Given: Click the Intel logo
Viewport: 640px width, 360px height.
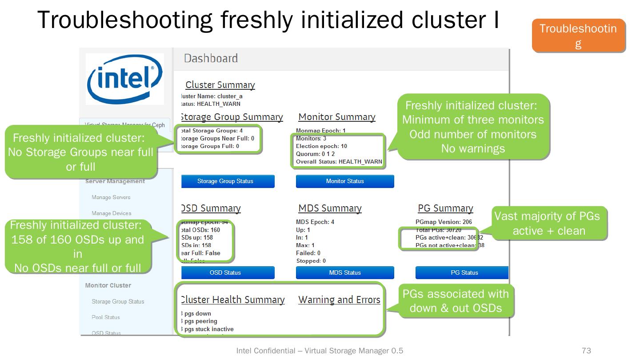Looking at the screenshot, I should [x=124, y=79].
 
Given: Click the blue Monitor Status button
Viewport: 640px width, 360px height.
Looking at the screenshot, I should [x=345, y=181].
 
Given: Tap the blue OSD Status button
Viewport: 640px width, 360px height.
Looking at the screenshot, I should [x=225, y=273].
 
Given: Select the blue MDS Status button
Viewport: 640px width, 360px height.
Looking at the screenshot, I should [x=345, y=273].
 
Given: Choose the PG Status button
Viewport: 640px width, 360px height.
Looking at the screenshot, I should [x=462, y=273].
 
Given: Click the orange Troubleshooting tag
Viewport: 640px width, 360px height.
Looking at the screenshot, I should [x=578, y=36].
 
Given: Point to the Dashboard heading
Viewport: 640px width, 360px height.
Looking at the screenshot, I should [x=211, y=58].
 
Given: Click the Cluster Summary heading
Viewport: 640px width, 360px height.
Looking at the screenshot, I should [x=220, y=85].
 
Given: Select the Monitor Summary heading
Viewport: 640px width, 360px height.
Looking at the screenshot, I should [x=337, y=117].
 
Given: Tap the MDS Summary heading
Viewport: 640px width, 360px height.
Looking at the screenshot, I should [x=330, y=208].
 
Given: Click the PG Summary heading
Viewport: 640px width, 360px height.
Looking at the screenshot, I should [x=445, y=208].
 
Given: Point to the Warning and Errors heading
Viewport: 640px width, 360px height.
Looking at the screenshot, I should [x=339, y=300].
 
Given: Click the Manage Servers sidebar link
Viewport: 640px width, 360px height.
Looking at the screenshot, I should [x=111, y=197].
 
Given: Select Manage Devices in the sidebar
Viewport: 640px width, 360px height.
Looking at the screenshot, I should [x=112, y=213].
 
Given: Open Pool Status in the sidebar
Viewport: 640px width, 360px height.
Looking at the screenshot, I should [x=106, y=317].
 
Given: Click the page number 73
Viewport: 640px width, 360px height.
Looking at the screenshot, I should [x=586, y=351].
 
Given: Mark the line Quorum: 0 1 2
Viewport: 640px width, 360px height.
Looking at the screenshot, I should [x=316, y=154].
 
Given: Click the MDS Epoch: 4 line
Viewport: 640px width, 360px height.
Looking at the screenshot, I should [x=315, y=222].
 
